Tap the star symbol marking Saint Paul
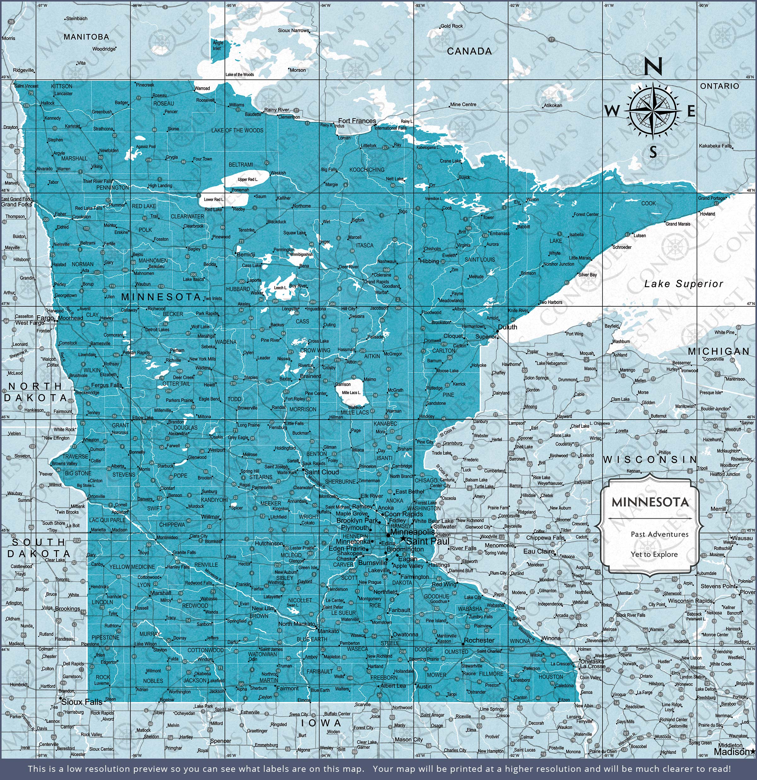(x=403, y=539)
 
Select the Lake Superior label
(x=683, y=284)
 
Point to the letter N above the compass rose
(x=653, y=67)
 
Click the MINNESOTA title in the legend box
(x=650, y=502)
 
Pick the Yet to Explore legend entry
(x=654, y=554)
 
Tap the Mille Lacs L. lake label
(x=352, y=393)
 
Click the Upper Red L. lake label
(x=248, y=179)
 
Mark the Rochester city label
(x=479, y=640)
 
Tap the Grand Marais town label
(x=678, y=224)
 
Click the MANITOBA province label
(x=86, y=37)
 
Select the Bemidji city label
(x=246, y=254)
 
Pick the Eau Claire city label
(x=539, y=551)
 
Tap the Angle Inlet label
(x=217, y=45)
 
